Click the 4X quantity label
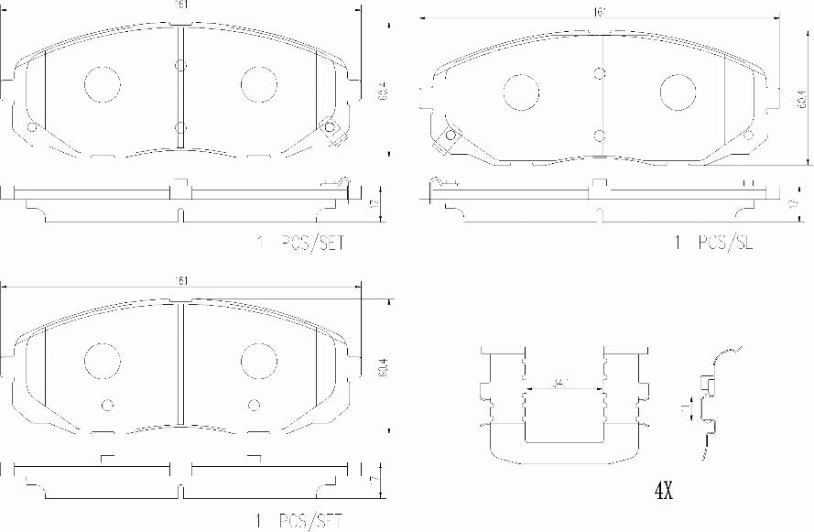click(x=664, y=492)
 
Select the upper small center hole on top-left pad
click(x=180, y=65)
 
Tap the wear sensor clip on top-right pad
click(x=449, y=137)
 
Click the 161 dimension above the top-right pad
click(x=601, y=13)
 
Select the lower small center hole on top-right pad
click(x=599, y=136)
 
